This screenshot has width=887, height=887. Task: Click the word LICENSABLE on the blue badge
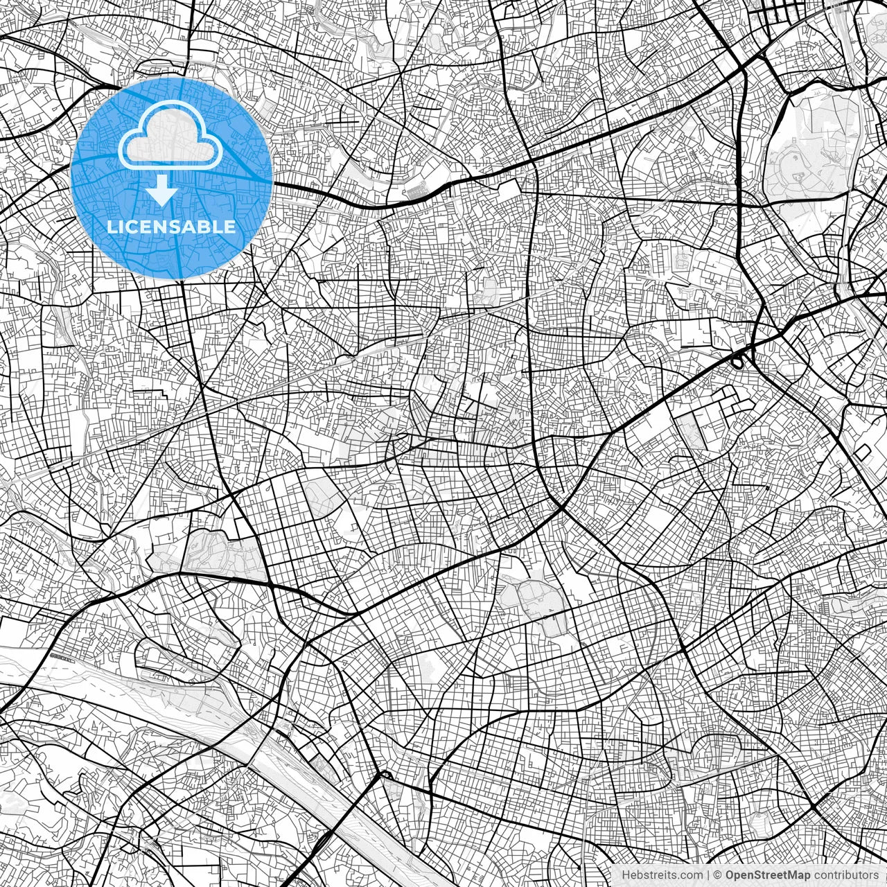point(171,227)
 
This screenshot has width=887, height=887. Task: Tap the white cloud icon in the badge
point(170,137)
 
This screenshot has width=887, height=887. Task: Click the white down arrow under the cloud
point(162,190)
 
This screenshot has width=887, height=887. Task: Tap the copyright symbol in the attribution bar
point(719,875)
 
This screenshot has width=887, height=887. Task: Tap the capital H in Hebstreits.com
point(626,875)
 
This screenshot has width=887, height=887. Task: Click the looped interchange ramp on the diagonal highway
point(739,360)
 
